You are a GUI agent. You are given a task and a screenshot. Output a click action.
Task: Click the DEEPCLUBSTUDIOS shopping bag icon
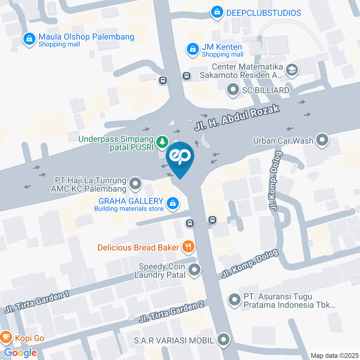click(217, 12)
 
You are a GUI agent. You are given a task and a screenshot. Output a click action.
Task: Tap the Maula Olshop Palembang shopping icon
click(29, 39)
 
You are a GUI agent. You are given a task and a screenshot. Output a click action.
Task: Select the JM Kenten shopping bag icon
click(192, 49)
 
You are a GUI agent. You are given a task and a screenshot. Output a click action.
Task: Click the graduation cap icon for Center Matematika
click(291, 69)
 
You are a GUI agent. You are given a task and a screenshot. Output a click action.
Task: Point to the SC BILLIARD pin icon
click(233, 90)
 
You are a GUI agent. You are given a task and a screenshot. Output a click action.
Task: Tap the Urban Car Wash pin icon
click(322, 141)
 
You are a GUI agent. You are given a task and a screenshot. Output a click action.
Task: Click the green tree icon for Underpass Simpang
click(162, 142)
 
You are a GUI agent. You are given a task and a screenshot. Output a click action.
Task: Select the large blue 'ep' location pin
click(180, 157)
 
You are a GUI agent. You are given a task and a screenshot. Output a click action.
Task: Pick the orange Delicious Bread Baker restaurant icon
click(188, 247)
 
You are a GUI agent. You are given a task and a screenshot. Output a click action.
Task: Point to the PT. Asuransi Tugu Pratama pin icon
click(235, 300)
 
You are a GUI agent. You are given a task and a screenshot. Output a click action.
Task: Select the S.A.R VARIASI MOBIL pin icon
click(224, 340)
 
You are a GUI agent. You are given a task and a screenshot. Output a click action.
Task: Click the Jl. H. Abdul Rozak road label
click(237, 118)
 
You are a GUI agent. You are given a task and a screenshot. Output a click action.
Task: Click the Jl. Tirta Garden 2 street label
click(171, 312)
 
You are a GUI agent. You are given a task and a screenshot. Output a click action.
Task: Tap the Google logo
click(20, 352)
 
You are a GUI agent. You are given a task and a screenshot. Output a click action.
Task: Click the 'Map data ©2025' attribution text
click(334, 355)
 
